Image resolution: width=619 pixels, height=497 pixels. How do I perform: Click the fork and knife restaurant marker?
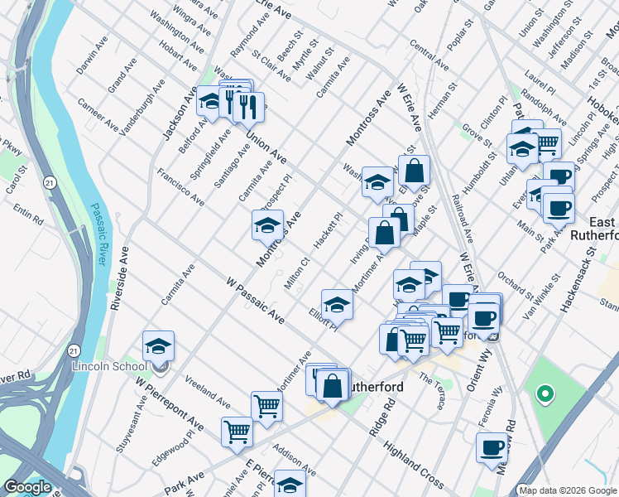[x=247, y=105]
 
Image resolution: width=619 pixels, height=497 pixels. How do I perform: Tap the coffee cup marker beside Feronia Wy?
[x=492, y=447]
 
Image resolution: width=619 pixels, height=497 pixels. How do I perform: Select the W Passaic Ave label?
[x=255, y=300]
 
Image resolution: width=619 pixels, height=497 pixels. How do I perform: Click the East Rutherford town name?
[x=594, y=228]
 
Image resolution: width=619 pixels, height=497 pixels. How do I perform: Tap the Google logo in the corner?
[x=27, y=487]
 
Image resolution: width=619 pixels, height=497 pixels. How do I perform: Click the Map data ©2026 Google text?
[x=567, y=490]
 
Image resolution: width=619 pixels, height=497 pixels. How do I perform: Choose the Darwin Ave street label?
[x=92, y=53]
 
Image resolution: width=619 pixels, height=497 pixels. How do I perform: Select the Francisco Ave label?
[x=181, y=187]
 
